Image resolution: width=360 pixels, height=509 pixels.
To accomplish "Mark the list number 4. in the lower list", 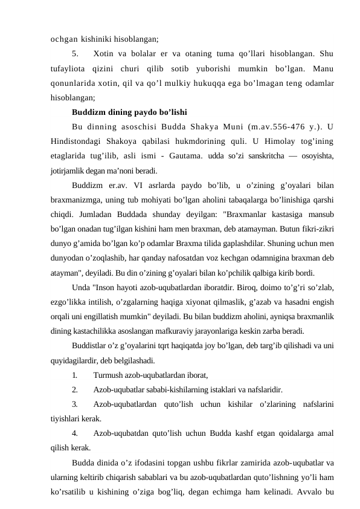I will tap(74, 434).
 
